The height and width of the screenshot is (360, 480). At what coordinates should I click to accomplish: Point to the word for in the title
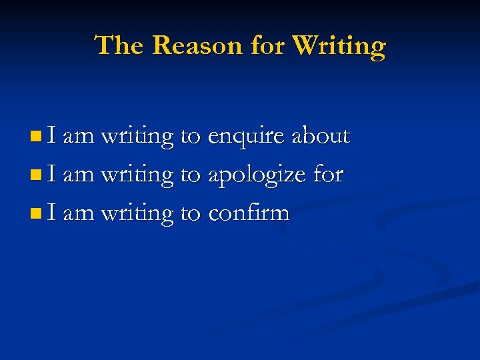point(269,46)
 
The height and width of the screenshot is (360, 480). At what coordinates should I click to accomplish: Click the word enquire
point(249,137)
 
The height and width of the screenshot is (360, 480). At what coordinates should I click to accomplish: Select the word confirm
point(249,213)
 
